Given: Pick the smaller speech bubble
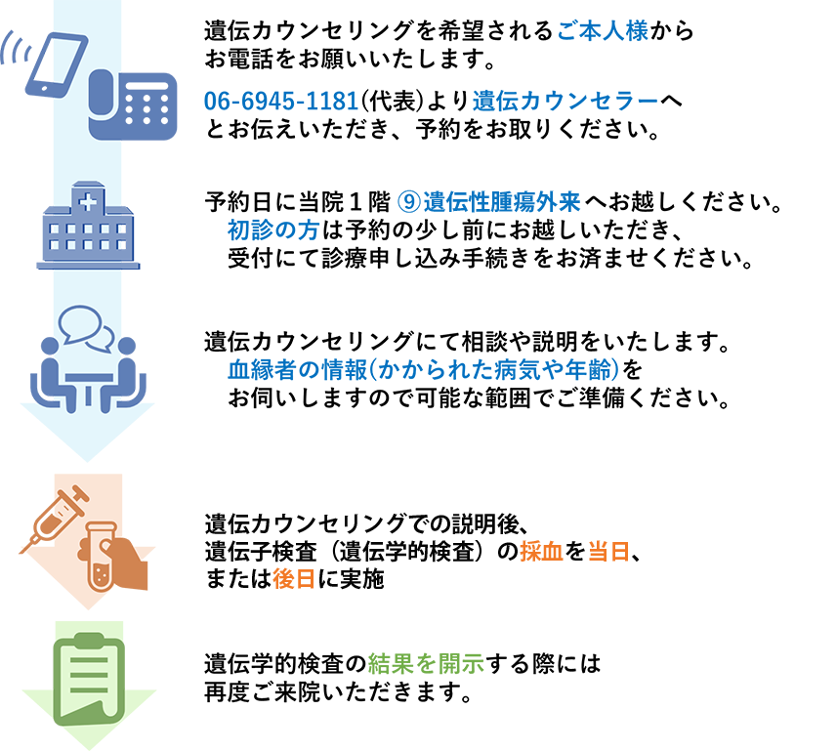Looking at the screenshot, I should coord(100,338).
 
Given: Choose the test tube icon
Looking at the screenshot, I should coord(101,557).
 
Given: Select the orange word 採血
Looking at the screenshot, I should coord(540,552).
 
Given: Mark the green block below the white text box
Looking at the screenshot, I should coord(426,645).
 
